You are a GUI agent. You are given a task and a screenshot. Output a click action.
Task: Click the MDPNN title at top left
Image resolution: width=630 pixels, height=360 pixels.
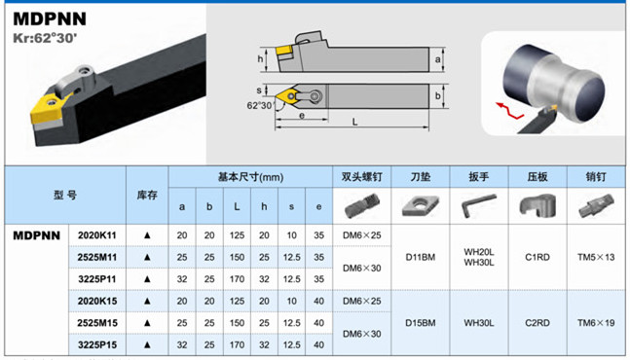click(50, 18)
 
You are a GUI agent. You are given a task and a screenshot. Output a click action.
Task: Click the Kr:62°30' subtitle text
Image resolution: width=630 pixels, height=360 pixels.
click(45, 38)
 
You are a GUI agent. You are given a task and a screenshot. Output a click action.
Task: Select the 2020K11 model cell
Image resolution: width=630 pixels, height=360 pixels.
click(96, 235)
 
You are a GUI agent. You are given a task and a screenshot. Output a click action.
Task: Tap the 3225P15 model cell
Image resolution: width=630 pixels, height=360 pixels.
click(97, 344)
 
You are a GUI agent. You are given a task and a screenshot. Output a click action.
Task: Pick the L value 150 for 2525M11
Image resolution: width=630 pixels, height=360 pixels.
click(237, 257)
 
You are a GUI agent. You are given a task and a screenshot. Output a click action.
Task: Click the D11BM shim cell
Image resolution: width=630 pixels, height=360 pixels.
click(421, 257)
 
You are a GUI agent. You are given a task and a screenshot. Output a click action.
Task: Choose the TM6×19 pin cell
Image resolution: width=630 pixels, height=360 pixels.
click(596, 323)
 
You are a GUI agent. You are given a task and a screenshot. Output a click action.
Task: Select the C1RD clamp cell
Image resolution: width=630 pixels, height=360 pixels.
click(537, 257)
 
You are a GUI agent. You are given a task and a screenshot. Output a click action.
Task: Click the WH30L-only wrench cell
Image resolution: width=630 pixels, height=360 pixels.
click(478, 323)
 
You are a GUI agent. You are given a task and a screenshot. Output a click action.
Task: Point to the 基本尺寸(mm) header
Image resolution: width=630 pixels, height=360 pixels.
click(250, 177)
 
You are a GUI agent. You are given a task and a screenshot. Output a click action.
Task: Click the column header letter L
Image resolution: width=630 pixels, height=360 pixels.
click(237, 206)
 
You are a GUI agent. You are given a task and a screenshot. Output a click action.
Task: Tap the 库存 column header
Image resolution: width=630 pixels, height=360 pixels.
click(147, 195)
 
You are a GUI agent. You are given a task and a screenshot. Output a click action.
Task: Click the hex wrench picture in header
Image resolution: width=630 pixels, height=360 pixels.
click(478, 205)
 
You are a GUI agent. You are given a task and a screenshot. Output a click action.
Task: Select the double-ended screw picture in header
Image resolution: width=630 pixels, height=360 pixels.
click(361, 206)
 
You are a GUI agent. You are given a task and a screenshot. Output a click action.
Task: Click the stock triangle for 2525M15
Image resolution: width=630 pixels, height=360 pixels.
click(147, 323)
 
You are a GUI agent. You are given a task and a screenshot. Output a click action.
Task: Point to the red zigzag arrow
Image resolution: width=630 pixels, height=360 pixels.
click(509, 111)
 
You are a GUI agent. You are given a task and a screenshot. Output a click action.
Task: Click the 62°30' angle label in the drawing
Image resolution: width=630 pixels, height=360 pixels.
click(259, 105)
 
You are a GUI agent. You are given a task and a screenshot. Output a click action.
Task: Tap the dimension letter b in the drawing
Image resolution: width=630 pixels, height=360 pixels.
click(437, 96)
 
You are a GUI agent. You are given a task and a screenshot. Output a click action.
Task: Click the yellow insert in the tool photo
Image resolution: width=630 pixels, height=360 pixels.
click(48, 108)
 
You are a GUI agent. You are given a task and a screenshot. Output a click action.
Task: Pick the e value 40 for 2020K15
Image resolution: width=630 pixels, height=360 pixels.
click(318, 301)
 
